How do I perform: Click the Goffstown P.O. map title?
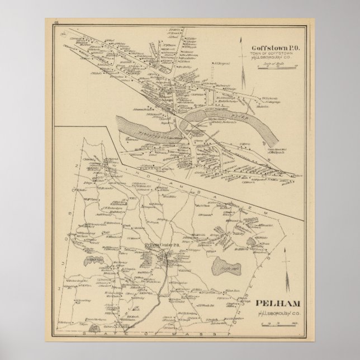pos(268,48)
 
